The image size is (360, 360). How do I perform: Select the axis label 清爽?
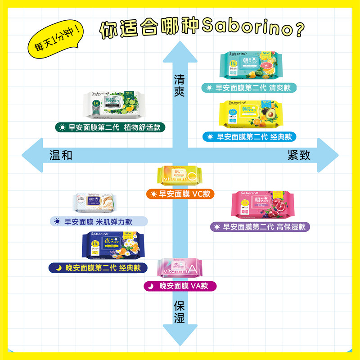(180, 84)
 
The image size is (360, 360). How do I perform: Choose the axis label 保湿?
(180, 312)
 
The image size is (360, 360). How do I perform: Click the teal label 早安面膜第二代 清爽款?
(249, 88)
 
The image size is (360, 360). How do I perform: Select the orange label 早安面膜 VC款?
(180, 194)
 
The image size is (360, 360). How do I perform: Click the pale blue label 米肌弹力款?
(99, 221)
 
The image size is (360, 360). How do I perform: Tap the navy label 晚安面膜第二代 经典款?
(98, 268)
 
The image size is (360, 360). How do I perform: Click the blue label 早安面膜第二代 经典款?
(249, 136)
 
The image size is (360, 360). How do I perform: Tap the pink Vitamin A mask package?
(180, 269)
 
